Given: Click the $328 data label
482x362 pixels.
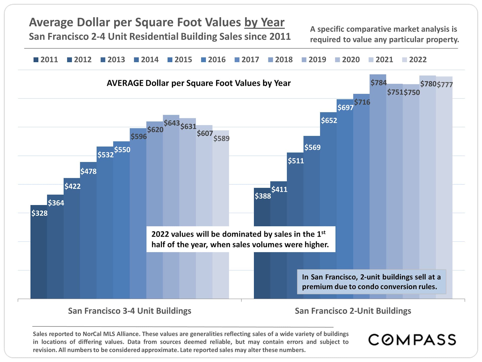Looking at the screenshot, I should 39,213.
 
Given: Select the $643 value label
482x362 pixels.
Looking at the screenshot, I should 172,123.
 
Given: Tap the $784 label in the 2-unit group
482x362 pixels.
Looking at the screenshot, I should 379,82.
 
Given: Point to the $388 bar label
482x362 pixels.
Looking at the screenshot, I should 263,196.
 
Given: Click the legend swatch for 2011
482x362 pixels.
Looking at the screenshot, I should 36,60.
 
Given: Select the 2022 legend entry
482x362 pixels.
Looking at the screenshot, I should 414,60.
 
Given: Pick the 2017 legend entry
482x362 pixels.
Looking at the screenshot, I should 247,60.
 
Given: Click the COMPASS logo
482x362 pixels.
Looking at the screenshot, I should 412,340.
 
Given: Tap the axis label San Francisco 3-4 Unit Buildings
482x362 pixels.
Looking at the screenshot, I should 130,311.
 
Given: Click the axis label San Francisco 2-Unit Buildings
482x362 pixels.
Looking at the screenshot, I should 353,311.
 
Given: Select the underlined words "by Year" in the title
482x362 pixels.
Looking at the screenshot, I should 264,22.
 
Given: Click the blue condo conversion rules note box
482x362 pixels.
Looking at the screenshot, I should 371,282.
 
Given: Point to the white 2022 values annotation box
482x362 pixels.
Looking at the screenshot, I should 241,239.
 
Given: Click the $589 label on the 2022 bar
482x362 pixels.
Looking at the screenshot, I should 221,138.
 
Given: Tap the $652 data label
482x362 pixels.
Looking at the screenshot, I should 329,120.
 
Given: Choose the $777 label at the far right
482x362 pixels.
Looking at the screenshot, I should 445,84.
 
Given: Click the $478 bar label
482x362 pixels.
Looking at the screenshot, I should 88,171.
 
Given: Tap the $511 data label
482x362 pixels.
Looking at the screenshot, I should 296,161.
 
